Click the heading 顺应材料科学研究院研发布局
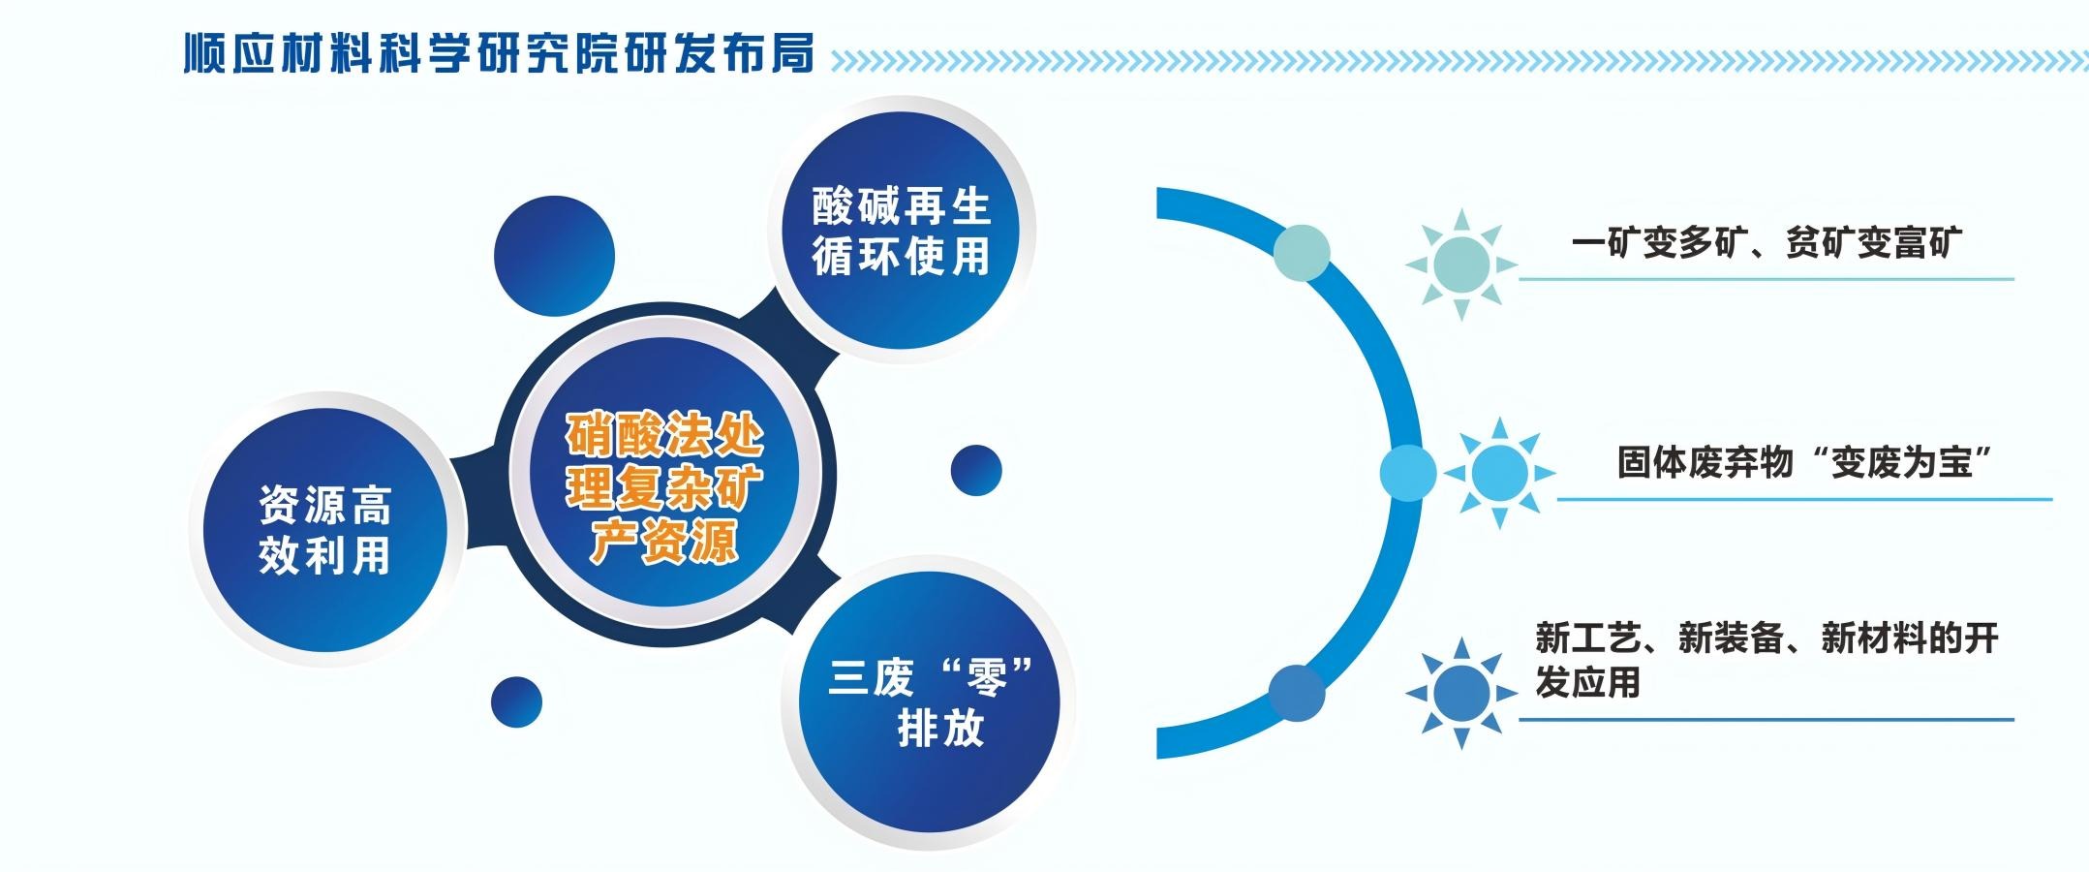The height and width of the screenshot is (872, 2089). pyautogui.click(x=499, y=53)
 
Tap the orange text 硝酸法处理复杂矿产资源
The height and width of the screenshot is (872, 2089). pyautogui.click(x=664, y=488)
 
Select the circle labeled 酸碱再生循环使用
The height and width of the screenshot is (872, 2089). pyautogui.click(x=901, y=231)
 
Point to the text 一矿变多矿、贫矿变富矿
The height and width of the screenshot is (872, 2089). pyautogui.click(x=1766, y=242)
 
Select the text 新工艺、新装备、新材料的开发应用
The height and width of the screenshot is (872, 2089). pyautogui.click(x=1766, y=660)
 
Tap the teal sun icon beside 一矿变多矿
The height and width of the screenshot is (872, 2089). pyautogui.click(x=1461, y=264)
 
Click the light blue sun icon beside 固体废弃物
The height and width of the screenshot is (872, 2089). pyautogui.click(x=1499, y=474)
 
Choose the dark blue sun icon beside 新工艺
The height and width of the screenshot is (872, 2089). pyautogui.click(x=1461, y=693)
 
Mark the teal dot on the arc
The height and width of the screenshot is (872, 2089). pyautogui.click(x=1302, y=253)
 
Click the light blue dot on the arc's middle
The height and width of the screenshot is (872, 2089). pyautogui.click(x=1408, y=473)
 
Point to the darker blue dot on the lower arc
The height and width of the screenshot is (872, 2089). pyautogui.click(x=1297, y=693)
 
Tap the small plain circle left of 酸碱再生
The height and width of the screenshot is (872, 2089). pyautogui.click(x=554, y=257)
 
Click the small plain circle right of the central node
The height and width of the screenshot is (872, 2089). pyautogui.click(x=976, y=471)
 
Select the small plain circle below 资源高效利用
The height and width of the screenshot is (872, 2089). pyautogui.click(x=516, y=701)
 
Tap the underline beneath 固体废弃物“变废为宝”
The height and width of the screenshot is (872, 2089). pyautogui.click(x=1804, y=500)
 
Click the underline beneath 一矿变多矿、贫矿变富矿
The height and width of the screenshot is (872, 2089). pyautogui.click(x=1766, y=279)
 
